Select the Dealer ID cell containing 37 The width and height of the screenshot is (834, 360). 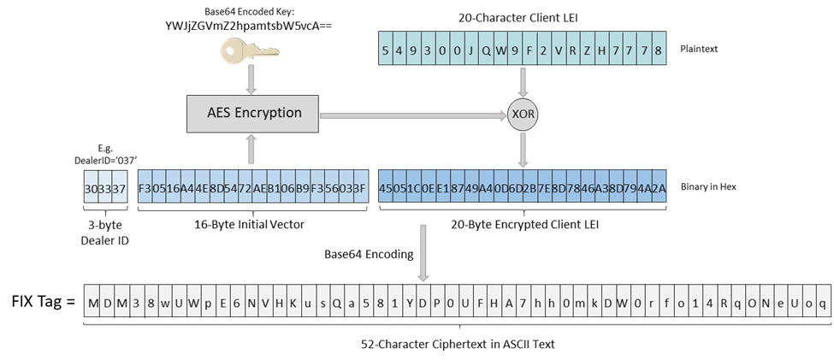coord(119,186)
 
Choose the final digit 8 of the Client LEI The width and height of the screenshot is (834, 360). coord(658,50)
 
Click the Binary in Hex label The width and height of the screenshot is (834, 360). coord(723,186)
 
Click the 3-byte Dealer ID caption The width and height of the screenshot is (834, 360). coord(104,232)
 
